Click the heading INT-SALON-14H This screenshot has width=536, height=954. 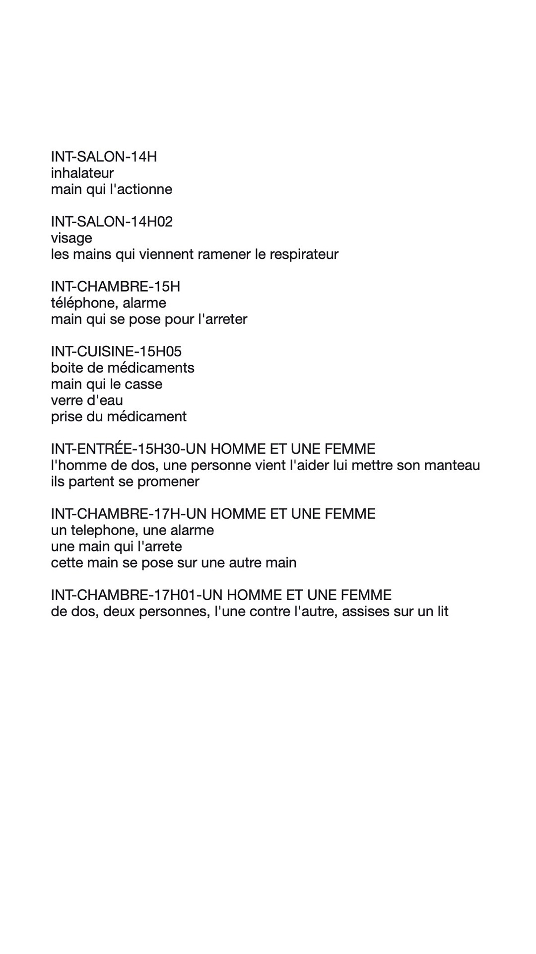(104, 157)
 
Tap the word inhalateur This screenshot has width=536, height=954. (82, 173)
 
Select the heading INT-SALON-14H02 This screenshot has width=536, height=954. (112, 222)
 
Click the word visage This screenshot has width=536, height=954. (71, 238)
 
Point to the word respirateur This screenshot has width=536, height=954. (304, 254)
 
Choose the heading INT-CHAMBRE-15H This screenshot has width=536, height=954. (115, 287)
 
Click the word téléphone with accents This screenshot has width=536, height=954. (80, 303)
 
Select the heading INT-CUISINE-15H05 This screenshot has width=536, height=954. (116, 352)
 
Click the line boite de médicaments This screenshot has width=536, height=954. (123, 368)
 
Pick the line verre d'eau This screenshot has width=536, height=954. (87, 400)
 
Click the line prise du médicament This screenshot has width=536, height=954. (119, 416)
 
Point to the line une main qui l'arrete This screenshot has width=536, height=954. (117, 547)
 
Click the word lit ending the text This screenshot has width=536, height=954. (442, 612)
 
